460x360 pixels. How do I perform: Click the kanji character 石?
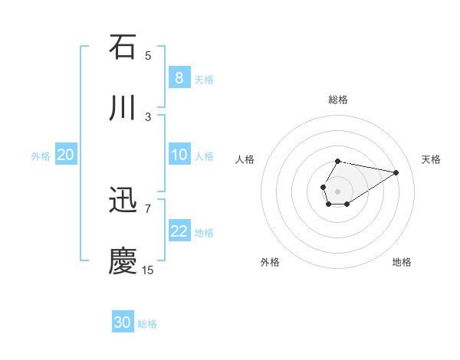pyautogui.click(x=123, y=47)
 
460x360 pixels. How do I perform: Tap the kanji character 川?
pyautogui.click(x=123, y=108)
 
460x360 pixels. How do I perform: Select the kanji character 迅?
pyautogui.click(x=123, y=201)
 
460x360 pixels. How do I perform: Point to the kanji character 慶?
pyautogui.click(x=123, y=261)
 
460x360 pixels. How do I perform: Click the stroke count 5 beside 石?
pyautogui.click(x=148, y=55)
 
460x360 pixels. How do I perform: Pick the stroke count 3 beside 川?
pyautogui.click(x=148, y=116)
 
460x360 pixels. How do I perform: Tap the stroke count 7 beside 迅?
pyautogui.click(x=148, y=208)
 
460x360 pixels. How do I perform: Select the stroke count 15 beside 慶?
pyautogui.click(x=148, y=270)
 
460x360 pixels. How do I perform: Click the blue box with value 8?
pyautogui.click(x=179, y=77)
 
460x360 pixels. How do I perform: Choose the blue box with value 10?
pyautogui.click(x=179, y=155)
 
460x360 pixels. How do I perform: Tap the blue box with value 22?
pyautogui.click(x=179, y=231)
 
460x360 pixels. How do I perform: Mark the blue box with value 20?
pyautogui.click(x=65, y=155)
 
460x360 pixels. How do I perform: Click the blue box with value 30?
pyautogui.click(x=123, y=322)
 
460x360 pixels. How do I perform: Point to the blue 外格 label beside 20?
pyautogui.click(x=41, y=155)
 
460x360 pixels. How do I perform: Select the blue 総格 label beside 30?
pyautogui.click(x=147, y=324)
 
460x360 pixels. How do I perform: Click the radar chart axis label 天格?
pyautogui.click(x=432, y=159)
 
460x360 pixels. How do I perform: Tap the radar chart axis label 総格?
pyautogui.click(x=337, y=100)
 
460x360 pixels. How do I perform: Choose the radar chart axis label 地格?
pyautogui.click(x=402, y=262)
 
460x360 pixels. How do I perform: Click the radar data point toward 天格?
pyautogui.click(x=396, y=172)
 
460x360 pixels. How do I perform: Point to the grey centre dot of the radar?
pyautogui.click(x=337, y=190)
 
